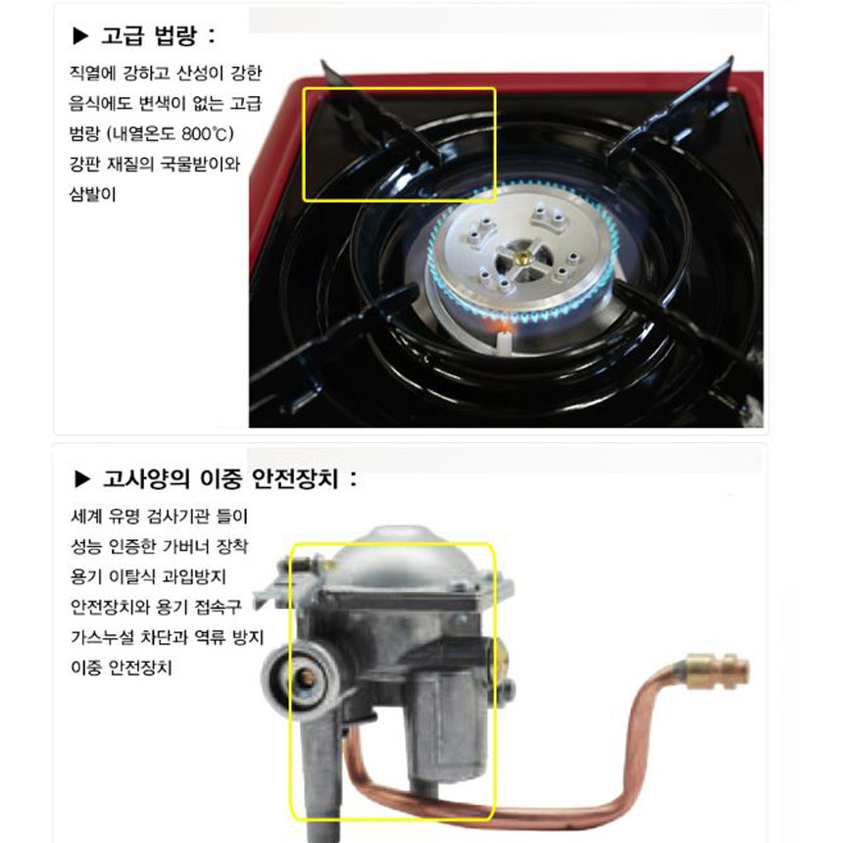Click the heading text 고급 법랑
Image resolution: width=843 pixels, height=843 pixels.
[149, 35]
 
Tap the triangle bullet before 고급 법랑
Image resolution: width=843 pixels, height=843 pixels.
[80, 36]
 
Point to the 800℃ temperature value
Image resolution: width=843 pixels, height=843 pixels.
[201, 133]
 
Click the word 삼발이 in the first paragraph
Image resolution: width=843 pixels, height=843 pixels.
[92, 194]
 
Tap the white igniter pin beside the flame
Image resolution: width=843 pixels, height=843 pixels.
[504, 342]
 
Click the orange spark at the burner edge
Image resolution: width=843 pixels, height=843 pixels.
[502, 325]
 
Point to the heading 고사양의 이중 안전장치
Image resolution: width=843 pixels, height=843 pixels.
[221, 478]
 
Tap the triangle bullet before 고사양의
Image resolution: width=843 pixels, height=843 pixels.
[82, 478]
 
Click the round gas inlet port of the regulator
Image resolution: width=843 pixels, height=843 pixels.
[301, 678]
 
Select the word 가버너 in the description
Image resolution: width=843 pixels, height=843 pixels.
[186, 546]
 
